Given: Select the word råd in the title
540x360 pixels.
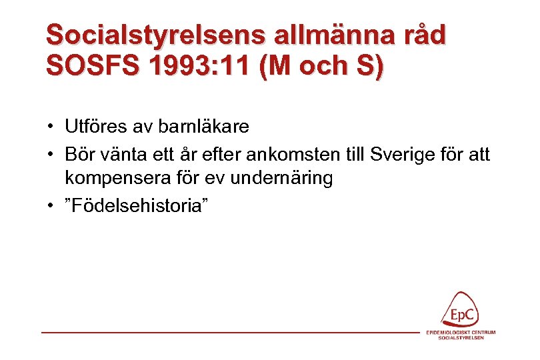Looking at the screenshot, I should (421, 36).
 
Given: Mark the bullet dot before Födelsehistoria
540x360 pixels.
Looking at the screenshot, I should (50, 206).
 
